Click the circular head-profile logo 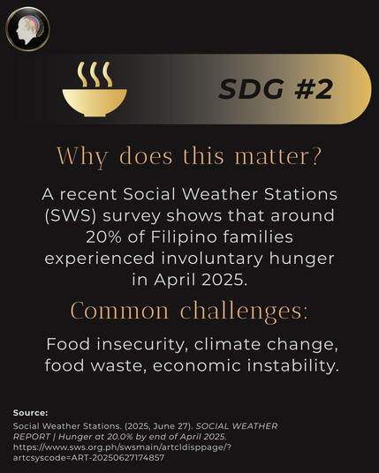click(27, 29)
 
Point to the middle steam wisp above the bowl click(95, 74)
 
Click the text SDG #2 click(276, 89)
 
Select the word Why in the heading click(82, 156)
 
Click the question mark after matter click(316, 155)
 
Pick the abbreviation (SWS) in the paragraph click(71, 215)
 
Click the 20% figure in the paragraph click(104, 237)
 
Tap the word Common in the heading click(119, 311)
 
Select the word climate click(227, 344)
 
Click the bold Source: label click(31, 413)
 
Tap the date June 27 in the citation click(171, 426)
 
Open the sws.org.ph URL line click(122, 447)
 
